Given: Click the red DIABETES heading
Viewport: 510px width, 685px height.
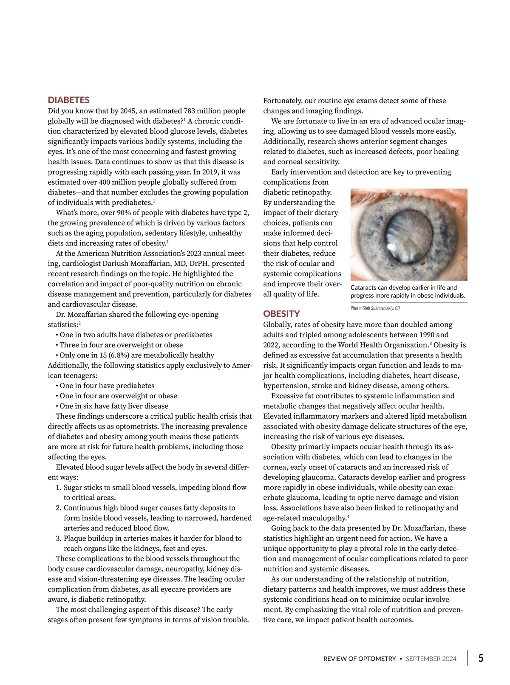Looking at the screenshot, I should (68, 100).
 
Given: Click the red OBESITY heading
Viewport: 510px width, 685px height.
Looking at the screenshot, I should (281, 314).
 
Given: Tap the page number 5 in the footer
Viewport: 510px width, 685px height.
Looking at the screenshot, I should (481, 658).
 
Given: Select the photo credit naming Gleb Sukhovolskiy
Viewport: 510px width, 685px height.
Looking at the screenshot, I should (375, 308).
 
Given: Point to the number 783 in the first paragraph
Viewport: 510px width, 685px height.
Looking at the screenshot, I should (190, 111).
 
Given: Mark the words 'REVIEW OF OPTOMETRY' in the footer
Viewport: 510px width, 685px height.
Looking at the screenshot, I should (360, 659).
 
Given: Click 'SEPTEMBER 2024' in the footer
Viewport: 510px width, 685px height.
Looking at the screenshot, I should (431, 659).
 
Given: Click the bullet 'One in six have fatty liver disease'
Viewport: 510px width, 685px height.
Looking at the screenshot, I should (113, 406).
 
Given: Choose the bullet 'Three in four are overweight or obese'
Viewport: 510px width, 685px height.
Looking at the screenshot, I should (121, 345).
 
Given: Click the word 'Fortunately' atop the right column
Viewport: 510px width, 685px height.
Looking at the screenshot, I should (282, 101).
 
